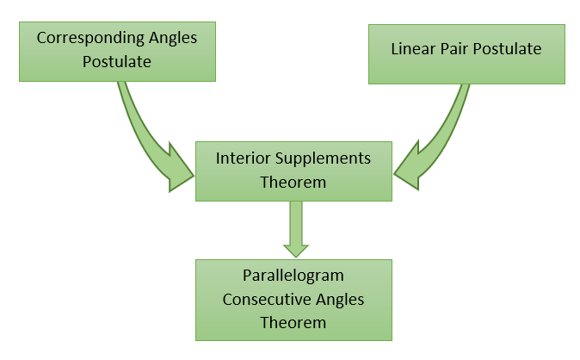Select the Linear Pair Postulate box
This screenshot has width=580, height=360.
coord(466,53)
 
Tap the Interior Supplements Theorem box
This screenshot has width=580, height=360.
coord(293,171)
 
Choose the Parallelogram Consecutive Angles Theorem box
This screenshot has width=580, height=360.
coord(293,299)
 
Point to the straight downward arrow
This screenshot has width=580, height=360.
coord(295,229)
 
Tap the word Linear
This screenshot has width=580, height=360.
coord(412,49)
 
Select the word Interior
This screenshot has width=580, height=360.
coord(241,159)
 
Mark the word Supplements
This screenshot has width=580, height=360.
coord(319,159)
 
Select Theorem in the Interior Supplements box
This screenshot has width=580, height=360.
coord(293,182)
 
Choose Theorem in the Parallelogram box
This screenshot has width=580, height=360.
coord(293,322)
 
